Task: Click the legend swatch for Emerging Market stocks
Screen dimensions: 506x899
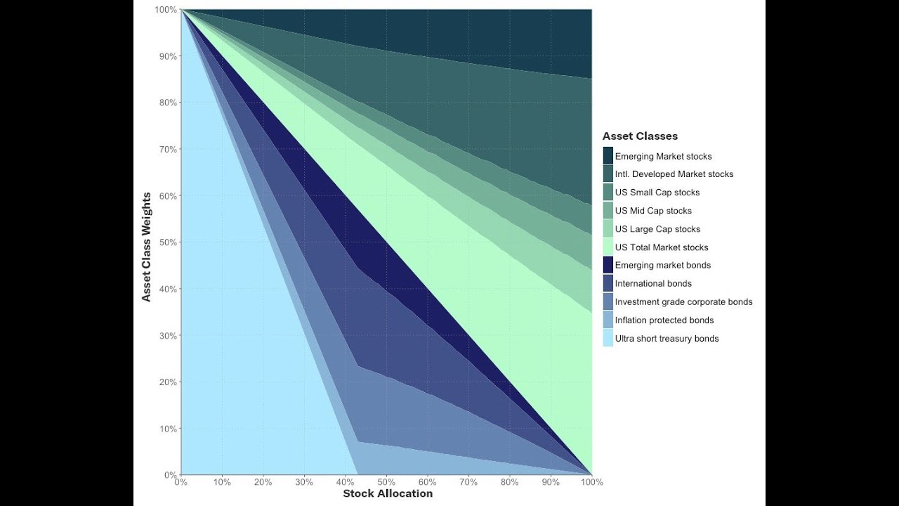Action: (608, 156)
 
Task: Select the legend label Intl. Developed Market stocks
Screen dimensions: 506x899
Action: (674, 174)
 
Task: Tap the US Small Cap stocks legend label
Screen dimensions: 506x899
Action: (657, 193)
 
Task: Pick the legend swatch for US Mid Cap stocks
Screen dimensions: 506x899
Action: (608, 211)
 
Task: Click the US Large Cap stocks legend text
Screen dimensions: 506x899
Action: (657, 229)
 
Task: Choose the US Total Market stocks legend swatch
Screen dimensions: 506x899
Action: (608, 247)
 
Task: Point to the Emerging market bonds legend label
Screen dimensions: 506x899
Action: (662, 266)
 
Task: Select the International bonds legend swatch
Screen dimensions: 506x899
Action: (608, 284)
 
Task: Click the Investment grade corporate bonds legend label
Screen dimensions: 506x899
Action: (683, 302)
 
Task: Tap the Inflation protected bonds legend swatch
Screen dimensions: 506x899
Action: (608, 320)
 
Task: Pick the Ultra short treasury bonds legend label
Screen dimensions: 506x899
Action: (667, 339)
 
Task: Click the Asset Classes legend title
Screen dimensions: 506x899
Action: (640, 136)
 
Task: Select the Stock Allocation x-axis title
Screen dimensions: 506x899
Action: (388, 493)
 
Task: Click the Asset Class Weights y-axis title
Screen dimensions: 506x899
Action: (147, 247)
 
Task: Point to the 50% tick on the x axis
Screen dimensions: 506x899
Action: (386, 482)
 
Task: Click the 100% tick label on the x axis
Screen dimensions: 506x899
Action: (591, 482)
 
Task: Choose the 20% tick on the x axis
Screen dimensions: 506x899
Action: (263, 482)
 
